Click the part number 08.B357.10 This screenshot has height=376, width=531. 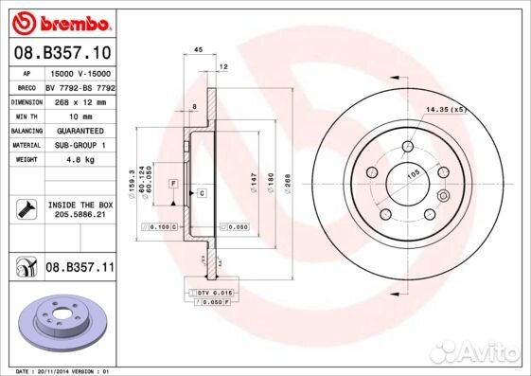61,52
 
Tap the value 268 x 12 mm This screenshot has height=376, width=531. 72,100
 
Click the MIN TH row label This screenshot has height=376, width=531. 25,115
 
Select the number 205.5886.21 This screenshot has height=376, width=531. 80,215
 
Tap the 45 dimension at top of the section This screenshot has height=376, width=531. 199,49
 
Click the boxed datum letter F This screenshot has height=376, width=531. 174,182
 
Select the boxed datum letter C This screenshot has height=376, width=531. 202,192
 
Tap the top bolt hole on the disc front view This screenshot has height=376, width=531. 408,146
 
